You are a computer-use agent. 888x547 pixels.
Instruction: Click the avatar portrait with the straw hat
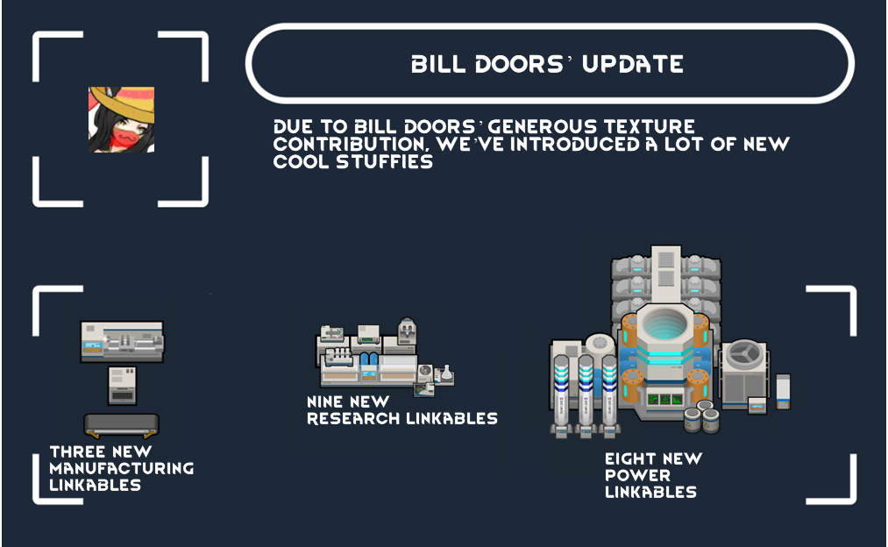[x=121, y=119]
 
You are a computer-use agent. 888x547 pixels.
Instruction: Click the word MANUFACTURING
[x=121, y=468]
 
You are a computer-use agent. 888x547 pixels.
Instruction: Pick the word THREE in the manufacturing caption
[x=81, y=452]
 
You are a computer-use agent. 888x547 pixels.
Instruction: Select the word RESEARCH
[x=352, y=418]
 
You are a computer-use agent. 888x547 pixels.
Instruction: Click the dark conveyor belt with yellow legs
[x=121, y=425]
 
